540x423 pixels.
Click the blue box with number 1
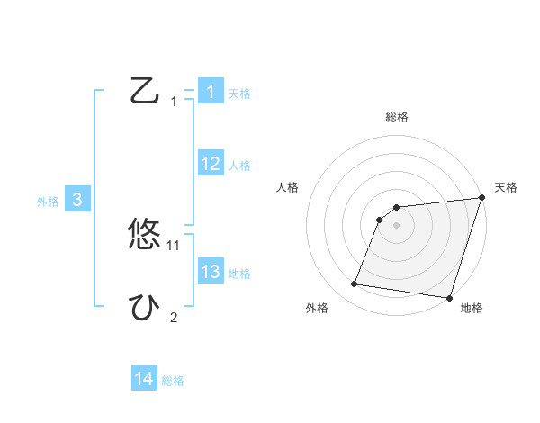pyautogui.click(x=210, y=91)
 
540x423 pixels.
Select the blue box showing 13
pyautogui.click(x=210, y=271)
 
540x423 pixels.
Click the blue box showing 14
pyautogui.click(x=144, y=379)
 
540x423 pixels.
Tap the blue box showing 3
pyautogui.click(x=77, y=201)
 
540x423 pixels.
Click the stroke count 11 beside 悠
pyautogui.click(x=174, y=245)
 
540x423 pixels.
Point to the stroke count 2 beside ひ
pyautogui.click(x=174, y=317)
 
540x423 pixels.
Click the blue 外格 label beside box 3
pyautogui.click(x=48, y=202)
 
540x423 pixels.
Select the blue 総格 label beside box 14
pyautogui.click(x=173, y=381)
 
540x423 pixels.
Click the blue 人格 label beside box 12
pyautogui.click(x=239, y=166)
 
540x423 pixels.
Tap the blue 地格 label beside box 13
pyautogui.click(x=239, y=274)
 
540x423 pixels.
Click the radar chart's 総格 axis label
pyautogui.click(x=397, y=117)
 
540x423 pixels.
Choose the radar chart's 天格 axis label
pyautogui.click(x=506, y=187)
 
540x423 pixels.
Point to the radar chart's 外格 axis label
pyautogui.click(x=317, y=308)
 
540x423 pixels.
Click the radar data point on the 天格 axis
pyautogui.click(x=481, y=198)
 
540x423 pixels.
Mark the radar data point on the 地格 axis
pyautogui.click(x=449, y=298)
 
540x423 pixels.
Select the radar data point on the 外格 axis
pyautogui.click(x=355, y=284)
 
